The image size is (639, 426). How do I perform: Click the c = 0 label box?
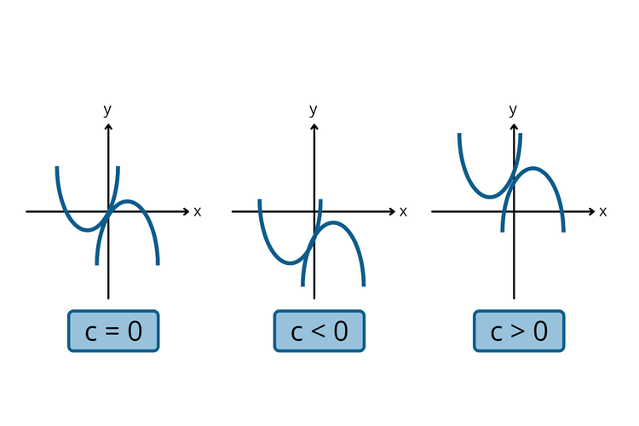coord(113,331)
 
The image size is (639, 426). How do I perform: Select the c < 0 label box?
coord(319,331)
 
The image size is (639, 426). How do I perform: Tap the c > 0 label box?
coord(519,331)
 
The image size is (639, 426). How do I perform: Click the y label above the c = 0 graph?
coord(107,110)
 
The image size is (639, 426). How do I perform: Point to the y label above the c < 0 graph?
coord(314,110)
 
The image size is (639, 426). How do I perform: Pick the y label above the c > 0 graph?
coord(513,110)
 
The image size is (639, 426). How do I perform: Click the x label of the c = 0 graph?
coord(197,211)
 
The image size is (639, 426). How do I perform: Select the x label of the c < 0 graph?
coord(403,211)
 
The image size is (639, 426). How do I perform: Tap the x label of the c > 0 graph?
coord(602,211)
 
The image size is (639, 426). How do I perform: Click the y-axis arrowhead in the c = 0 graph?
coord(108,127)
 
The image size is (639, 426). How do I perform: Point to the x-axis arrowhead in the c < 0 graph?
coord(393,211)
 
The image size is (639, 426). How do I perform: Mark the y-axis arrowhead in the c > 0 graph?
coord(514,127)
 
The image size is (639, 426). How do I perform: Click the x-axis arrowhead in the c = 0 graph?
coord(187,211)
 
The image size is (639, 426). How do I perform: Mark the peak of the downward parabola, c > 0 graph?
coord(533,168)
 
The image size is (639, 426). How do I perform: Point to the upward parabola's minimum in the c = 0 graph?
coord(87,230)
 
